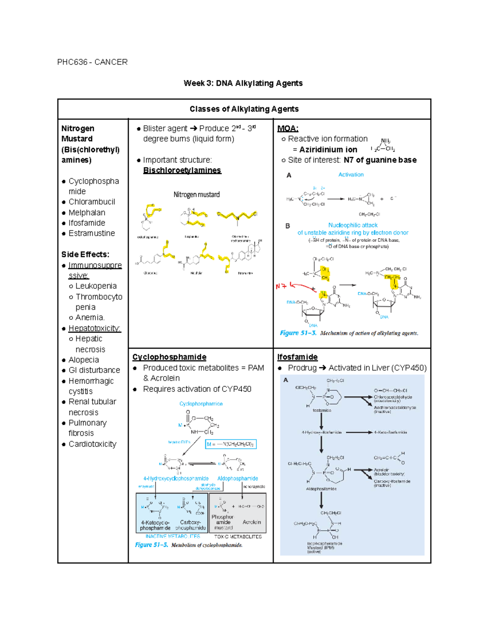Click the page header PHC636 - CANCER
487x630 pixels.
point(92,62)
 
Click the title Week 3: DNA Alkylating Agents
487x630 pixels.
point(243,83)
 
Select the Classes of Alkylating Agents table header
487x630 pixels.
point(244,109)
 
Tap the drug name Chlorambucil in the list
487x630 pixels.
point(92,202)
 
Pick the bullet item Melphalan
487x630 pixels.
point(86,213)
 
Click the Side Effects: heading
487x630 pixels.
point(85,255)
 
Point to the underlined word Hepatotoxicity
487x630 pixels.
point(94,328)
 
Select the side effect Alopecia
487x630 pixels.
point(84,360)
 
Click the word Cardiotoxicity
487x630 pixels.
point(92,444)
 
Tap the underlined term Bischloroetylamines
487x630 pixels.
point(182,170)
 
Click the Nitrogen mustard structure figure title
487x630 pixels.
point(196,195)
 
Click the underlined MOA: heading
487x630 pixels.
point(287,129)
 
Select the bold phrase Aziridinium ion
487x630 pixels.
point(328,150)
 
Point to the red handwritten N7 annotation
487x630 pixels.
point(281,286)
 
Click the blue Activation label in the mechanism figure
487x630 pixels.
point(351,175)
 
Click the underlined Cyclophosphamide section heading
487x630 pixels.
point(169,357)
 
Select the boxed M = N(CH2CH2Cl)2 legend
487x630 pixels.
point(231,444)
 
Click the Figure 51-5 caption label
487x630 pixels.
point(151,545)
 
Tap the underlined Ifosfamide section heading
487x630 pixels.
point(297,357)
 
